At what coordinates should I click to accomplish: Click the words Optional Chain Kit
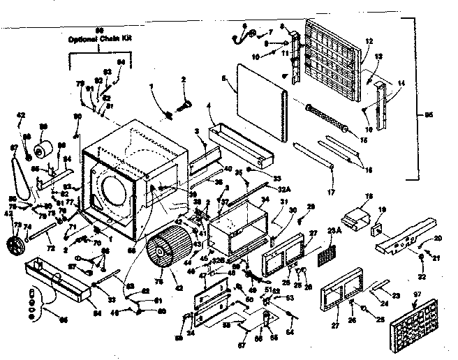click(98, 38)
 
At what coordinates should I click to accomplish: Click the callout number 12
click(368, 41)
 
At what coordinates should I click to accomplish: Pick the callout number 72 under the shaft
click(50, 248)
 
